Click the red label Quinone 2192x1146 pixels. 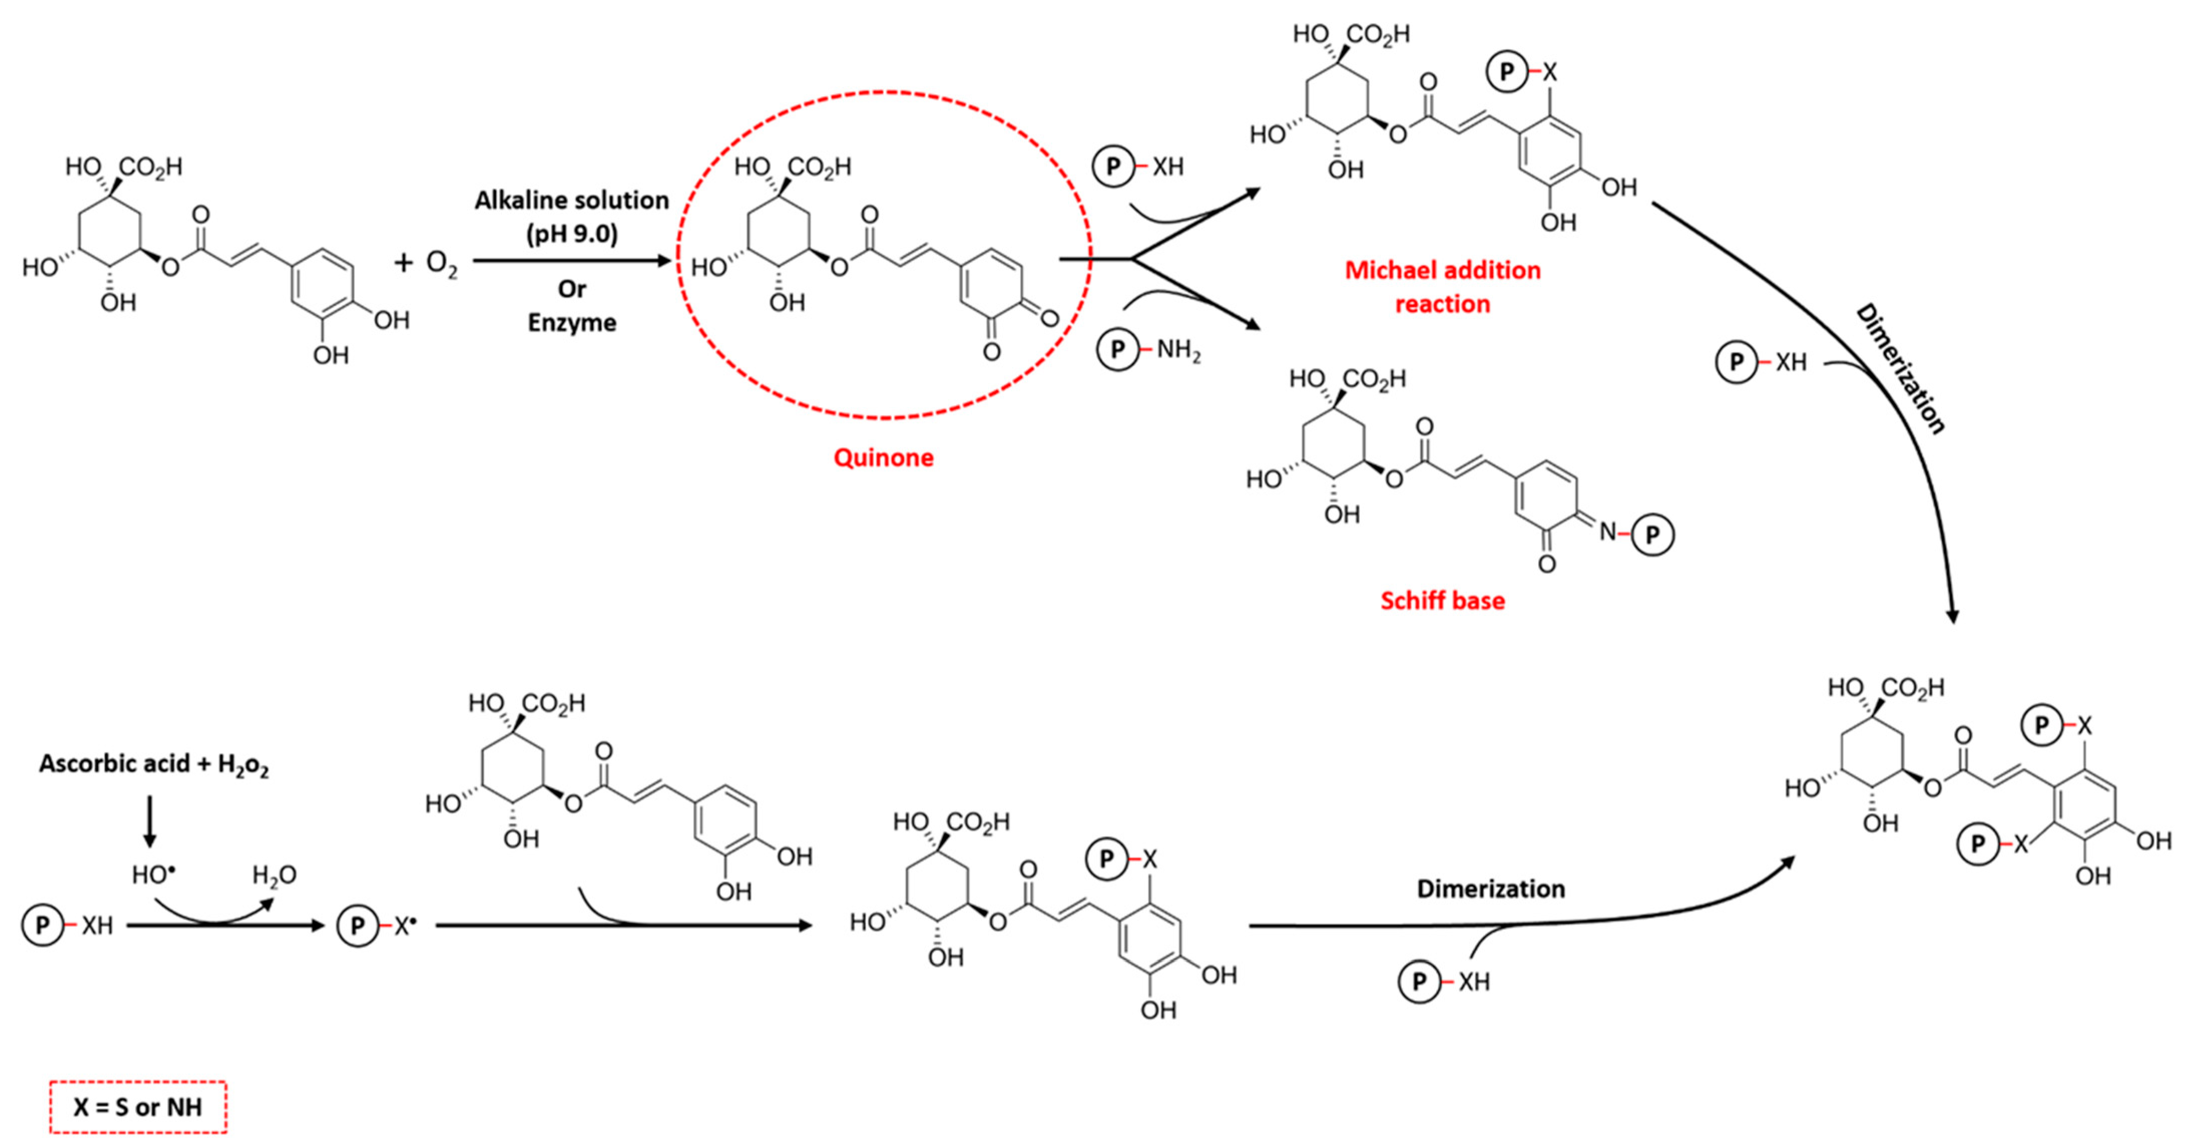click(x=883, y=458)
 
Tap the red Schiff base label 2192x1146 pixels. click(x=1442, y=601)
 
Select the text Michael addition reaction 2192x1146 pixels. click(x=1442, y=287)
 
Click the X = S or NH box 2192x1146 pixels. click(x=138, y=1107)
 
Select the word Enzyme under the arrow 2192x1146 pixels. click(x=572, y=323)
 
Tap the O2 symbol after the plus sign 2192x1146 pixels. click(x=441, y=264)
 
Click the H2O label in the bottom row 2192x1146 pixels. click(x=274, y=875)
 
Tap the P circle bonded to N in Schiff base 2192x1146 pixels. click(x=1652, y=535)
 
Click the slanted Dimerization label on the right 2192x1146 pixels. click(x=1900, y=368)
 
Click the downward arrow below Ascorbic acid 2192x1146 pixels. click(x=150, y=822)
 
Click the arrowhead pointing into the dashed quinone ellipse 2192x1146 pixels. click(x=664, y=261)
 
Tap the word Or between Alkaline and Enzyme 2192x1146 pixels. click(x=572, y=289)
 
